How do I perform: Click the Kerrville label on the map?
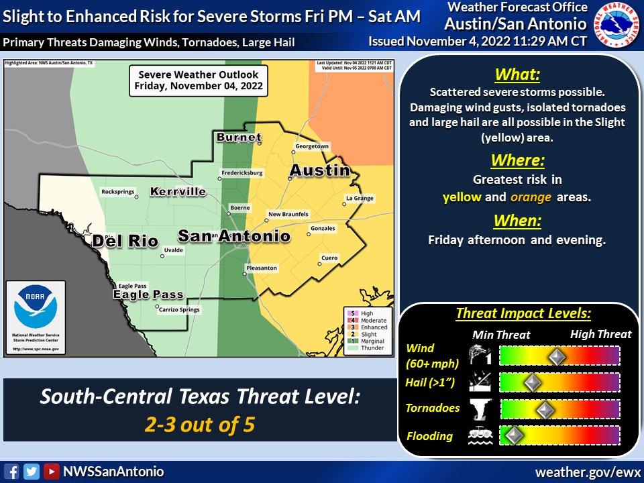tap(178, 192)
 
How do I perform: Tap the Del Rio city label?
tap(124, 241)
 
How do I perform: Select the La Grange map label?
tap(360, 198)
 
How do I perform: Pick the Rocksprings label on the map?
tap(118, 192)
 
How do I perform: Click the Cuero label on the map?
tap(329, 258)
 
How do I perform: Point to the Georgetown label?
tap(312, 146)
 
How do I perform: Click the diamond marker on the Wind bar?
tap(555, 356)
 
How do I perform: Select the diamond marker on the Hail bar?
tap(532, 382)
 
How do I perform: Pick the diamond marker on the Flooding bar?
tap(513, 435)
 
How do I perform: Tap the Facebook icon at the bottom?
tap(11, 472)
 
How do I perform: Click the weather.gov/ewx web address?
tap(587, 472)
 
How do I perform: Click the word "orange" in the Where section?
tap(531, 197)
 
